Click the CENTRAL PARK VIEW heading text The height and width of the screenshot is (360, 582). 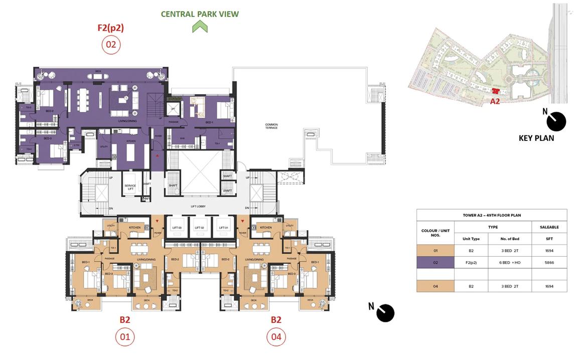tap(200, 14)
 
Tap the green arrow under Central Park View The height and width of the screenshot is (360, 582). tap(200, 27)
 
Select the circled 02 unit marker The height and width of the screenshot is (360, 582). tap(111, 45)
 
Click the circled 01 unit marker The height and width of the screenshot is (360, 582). tap(125, 337)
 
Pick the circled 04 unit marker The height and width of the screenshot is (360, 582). tap(276, 337)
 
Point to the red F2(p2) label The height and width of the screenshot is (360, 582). tap(110, 28)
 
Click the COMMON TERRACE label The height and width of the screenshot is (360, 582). tap(271, 126)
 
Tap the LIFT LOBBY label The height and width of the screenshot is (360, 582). tap(199, 207)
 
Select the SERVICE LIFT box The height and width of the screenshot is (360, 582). tap(130, 186)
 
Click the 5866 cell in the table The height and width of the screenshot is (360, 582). tap(549, 262)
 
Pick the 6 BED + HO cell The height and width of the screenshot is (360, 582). tap(509, 262)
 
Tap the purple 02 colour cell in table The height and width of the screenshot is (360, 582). tap(435, 262)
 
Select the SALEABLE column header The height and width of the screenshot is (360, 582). tap(549, 227)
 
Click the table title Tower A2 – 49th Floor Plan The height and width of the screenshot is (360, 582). tap(492, 215)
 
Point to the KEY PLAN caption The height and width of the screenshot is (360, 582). tap(536, 138)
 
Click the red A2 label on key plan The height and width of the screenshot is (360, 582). tap(495, 101)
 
